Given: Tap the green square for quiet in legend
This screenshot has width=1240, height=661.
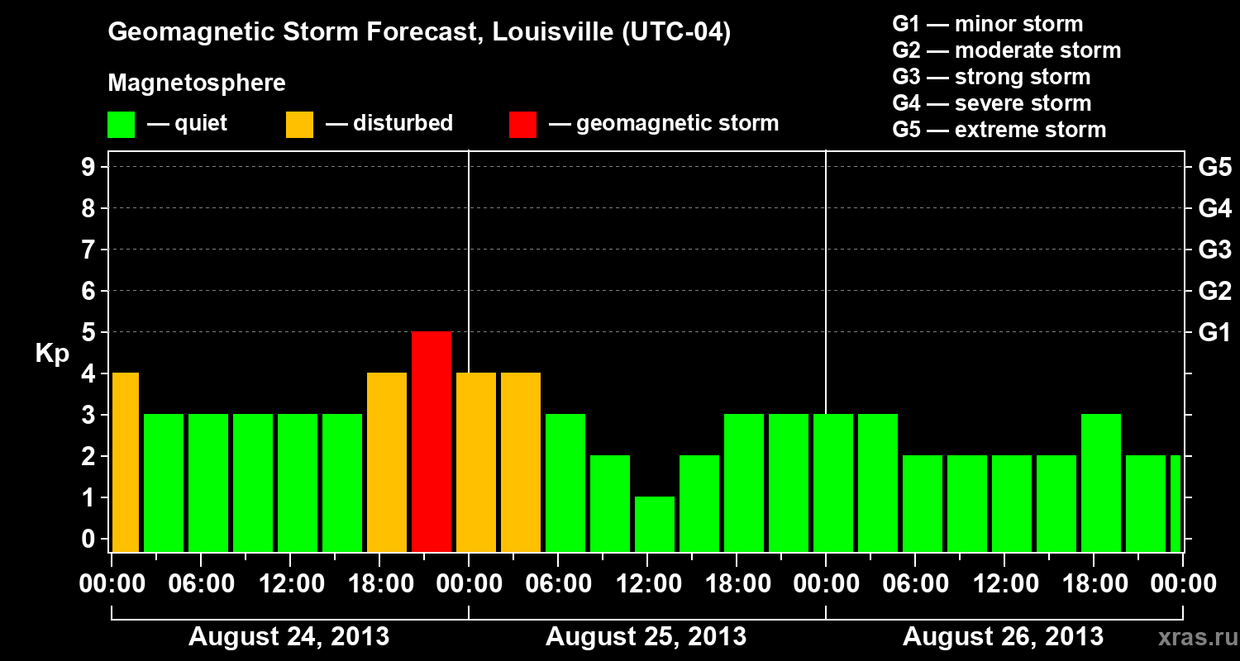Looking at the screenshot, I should [122, 124].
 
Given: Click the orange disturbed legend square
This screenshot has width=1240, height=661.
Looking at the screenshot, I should [299, 124].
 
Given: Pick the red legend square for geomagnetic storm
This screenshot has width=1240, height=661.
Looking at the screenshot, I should [522, 124].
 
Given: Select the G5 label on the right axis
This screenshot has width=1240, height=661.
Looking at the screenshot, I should [1214, 168].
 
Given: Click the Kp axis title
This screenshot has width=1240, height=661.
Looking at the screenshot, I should [52, 353].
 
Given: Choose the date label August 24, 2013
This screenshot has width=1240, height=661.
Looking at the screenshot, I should [289, 637].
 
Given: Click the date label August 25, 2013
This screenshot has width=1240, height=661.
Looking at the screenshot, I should [646, 637].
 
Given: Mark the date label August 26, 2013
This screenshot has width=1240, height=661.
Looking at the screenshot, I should [1003, 637].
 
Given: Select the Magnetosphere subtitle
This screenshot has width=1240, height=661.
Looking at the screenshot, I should [197, 83].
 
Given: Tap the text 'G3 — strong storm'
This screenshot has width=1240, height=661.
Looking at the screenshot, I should [991, 77].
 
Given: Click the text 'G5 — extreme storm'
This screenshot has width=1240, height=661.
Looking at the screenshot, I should [999, 130].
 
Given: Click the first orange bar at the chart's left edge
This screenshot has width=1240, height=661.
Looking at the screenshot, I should [126, 462].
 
